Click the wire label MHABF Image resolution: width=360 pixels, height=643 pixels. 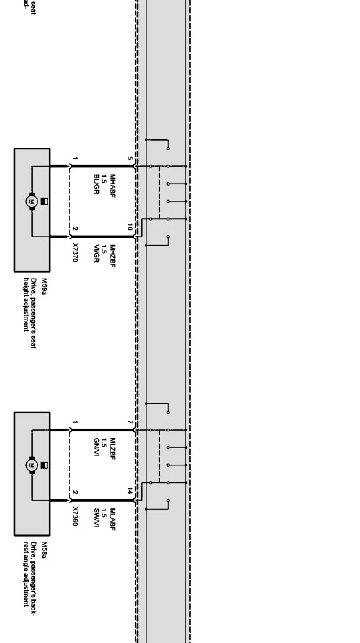tap(112, 186)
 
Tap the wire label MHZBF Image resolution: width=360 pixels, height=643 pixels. tap(112, 256)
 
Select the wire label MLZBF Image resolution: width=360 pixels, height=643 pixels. tap(112, 449)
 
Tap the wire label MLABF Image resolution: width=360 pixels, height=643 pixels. tap(112, 519)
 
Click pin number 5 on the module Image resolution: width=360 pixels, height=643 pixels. tap(130, 158)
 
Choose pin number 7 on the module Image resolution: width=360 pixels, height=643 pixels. tap(130, 422)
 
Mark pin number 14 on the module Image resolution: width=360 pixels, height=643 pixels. tap(130, 491)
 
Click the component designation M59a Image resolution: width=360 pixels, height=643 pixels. tap(44, 284)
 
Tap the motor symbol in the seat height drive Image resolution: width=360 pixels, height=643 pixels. tap(31, 201)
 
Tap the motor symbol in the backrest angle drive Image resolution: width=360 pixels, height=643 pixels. tap(31, 465)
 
